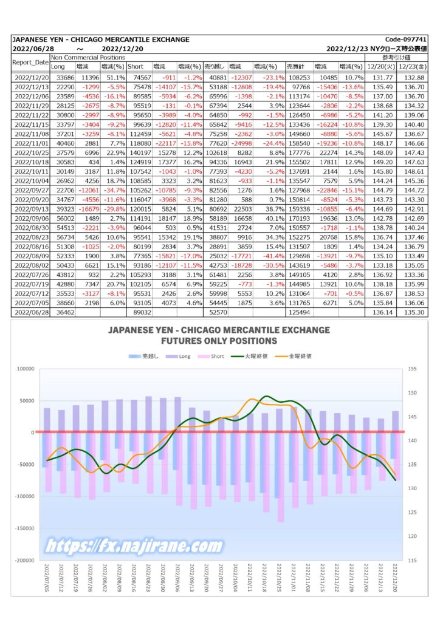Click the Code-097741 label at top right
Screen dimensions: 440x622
pyautogui.click(x=405, y=39)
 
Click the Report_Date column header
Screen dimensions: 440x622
pyautogui.click(x=30, y=63)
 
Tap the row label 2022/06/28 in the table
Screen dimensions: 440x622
pyautogui.click(x=32, y=313)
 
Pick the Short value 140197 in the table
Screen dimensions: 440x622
pyautogui.click(x=139, y=152)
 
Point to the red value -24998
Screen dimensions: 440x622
pyautogui.click(x=240, y=143)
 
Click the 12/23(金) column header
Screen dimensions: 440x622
pyautogui.click(x=413, y=66)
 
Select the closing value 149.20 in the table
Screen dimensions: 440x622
pyautogui.click(x=382, y=162)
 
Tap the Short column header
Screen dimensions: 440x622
pyautogui.click(x=136, y=66)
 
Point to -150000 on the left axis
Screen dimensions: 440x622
pyautogui.click(x=24, y=528)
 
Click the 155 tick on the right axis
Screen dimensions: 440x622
pyautogui.click(x=412, y=369)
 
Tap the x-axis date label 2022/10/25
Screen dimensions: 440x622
pyautogui.click(x=280, y=578)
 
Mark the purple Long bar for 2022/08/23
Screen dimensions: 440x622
pyautogui.click(x=148, y=414)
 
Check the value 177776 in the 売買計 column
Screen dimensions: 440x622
pyautogui.click(x=298, y=152)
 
